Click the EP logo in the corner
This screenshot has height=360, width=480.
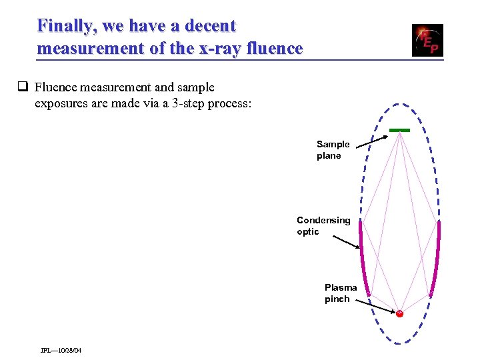click(427, 40)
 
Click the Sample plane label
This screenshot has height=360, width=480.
click(332, 150)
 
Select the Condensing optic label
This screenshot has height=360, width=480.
click(323, 225)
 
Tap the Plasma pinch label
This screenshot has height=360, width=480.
click(340, 293)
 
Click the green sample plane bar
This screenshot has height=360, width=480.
click(399, 129)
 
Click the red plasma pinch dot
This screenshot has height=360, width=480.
click(399, 313)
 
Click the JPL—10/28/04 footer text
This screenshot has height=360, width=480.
click(61, 351)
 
